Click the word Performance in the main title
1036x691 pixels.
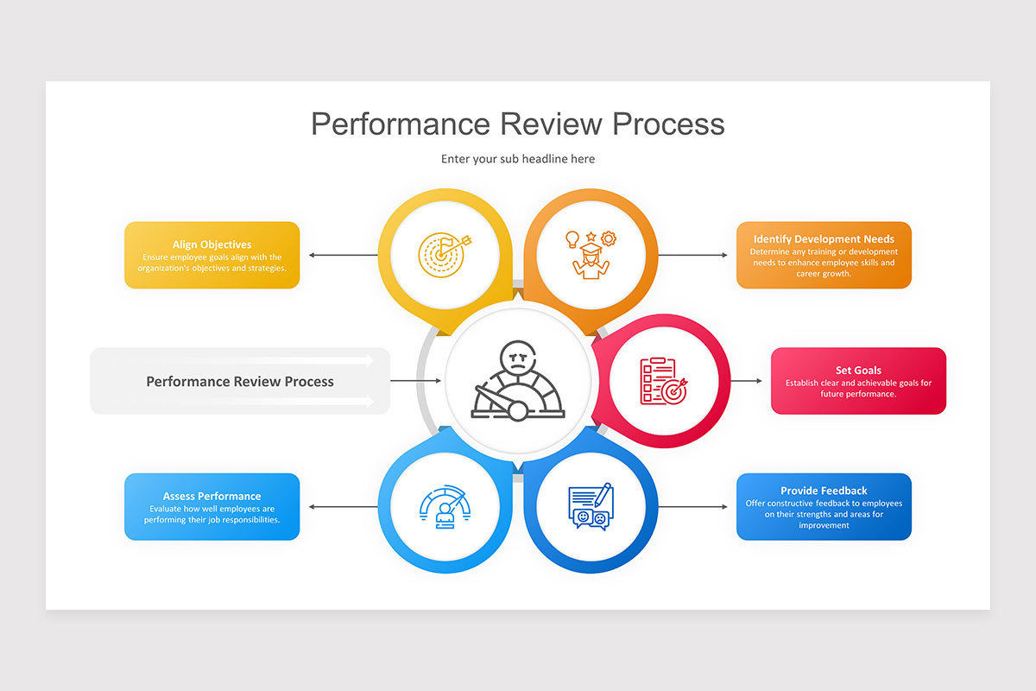click(x=401, y=124)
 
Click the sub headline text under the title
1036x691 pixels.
click(x=518, y=159)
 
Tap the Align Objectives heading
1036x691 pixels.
click(x=212, y=244)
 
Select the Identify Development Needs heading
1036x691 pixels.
click(x=824, y=239)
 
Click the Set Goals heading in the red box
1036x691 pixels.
click(x=858, y=371)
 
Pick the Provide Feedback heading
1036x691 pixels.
click(x=824, y=491)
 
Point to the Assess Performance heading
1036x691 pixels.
click(x=212, y=496)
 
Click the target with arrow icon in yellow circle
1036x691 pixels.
click(x=445, y=254)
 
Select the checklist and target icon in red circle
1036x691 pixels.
click(x=663, y=381)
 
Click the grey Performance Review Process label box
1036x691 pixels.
click(x=239, y=381)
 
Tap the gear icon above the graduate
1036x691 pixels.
click(x=609, y=238)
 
